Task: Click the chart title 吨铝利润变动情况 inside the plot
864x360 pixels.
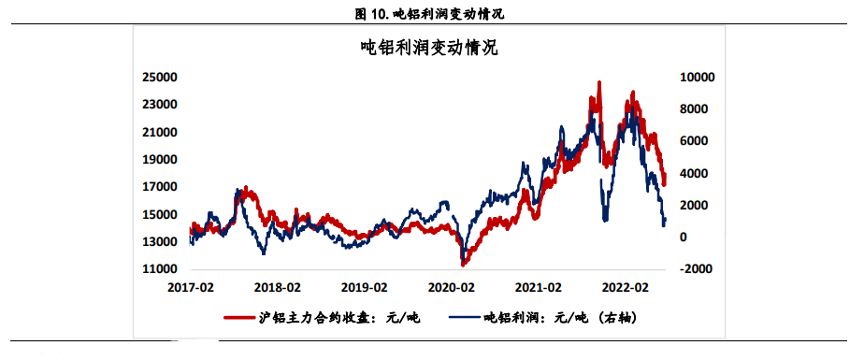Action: click(429, 48)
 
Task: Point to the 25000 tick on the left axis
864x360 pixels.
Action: click(160, 77)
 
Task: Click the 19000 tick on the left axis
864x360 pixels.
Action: click(160, 159)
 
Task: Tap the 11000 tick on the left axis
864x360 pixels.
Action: click(160, 269)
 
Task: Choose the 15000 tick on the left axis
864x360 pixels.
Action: click(160, 214)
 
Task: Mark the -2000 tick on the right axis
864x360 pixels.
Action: click(696, 269)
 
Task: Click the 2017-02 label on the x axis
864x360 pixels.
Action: click(192, 287)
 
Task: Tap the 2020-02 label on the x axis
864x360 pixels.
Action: click(453, 287)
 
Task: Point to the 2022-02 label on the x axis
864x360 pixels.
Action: click(626, 287)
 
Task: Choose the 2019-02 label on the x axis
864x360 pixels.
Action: click(366, 287)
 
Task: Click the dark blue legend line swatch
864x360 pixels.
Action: click(464, 319)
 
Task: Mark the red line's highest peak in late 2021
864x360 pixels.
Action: click(598, 83)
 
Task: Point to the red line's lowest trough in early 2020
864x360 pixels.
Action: click(463, 265)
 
